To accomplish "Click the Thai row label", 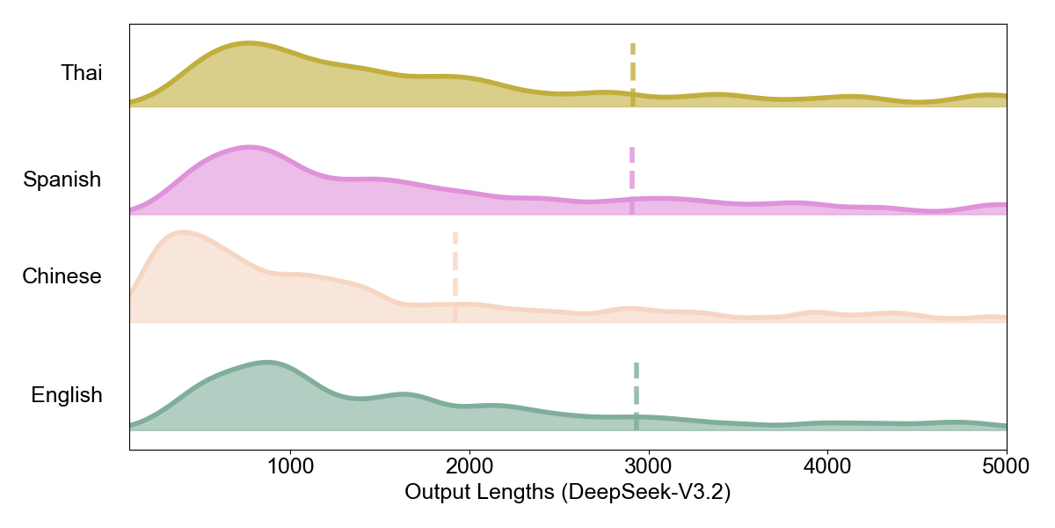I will click(x=81, y=73).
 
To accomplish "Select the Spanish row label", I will click(x=62, y=180).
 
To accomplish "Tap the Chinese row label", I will click(x=62, y=277).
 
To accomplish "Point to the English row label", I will click(x=67, y=396).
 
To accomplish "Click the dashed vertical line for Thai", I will click(x=632, y=74).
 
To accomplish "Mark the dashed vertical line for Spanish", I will click(x=631, y=180).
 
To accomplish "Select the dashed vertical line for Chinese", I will click(x=455, y=276).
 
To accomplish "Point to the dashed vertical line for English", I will click(x=636, y=395).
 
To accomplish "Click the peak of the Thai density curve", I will click(x=248, y=43).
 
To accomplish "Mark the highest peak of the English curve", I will click(x=266, y=363).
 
